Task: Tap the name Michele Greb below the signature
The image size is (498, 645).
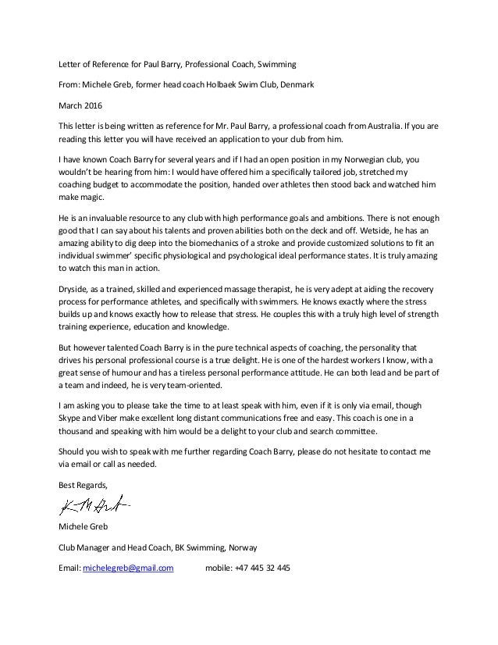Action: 82,529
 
